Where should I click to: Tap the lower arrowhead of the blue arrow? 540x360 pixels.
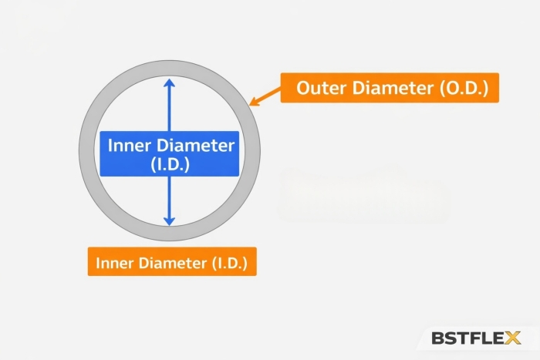pyautogui.click(x=170, y=221)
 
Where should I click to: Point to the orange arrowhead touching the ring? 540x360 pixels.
pyautogui.click(x=253, y=101)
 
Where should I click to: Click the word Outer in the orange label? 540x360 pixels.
pyautogui.click(x=322, y=88)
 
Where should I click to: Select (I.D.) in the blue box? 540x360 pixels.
pyautogui.click(x=170, y=164)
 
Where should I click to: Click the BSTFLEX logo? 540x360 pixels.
pyautogui.click(x=476, y=338)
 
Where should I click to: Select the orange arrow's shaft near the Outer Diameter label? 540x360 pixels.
pyautogui.click(x=268, y=94)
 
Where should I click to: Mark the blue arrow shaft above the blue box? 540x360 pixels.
pyautogui.click(x=170, y=108)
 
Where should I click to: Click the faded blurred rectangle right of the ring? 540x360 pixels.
pyautogui.click(x=363, y=193)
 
